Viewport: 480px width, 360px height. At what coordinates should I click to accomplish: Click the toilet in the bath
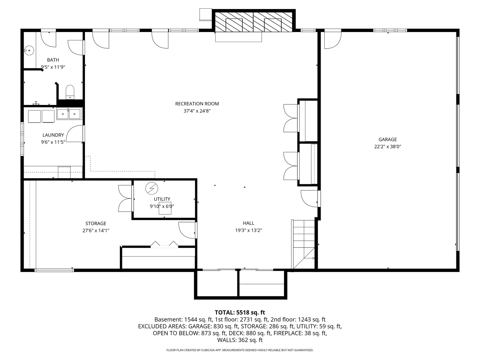tap(70, 92)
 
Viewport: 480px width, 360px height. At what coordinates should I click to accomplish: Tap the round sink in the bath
tap(29, 50)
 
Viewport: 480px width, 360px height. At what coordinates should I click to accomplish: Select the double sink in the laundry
tap(69, 114)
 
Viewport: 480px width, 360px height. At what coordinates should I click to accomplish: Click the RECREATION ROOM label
tap(197, 104)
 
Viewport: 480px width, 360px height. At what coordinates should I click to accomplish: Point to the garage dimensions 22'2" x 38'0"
tap(388, 146)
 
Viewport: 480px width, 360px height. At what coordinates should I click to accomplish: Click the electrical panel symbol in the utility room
tap(152, 188)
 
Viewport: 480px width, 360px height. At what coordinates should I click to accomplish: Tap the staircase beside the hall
tap(303, 244)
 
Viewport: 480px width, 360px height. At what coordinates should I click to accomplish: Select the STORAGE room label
tap(96, 223)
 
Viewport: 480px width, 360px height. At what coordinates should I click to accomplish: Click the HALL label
tap(249, 223)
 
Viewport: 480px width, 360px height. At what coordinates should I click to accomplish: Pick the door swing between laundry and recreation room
tap(75, 134)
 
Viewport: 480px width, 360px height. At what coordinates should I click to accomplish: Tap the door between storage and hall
tap(187, 230)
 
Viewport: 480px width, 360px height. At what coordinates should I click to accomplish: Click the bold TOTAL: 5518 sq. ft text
tap(240, 312)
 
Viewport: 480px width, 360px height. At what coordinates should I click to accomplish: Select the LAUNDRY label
tap(53, 135)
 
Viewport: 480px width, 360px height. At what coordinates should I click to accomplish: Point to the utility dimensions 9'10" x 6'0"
tap(162, 206)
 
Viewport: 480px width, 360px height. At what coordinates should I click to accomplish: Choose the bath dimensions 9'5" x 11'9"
tap(53, 67)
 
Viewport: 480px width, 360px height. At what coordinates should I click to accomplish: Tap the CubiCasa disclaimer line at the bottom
tap(240, 350)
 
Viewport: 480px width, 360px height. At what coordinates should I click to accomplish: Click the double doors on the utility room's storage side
tap(126, 198)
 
